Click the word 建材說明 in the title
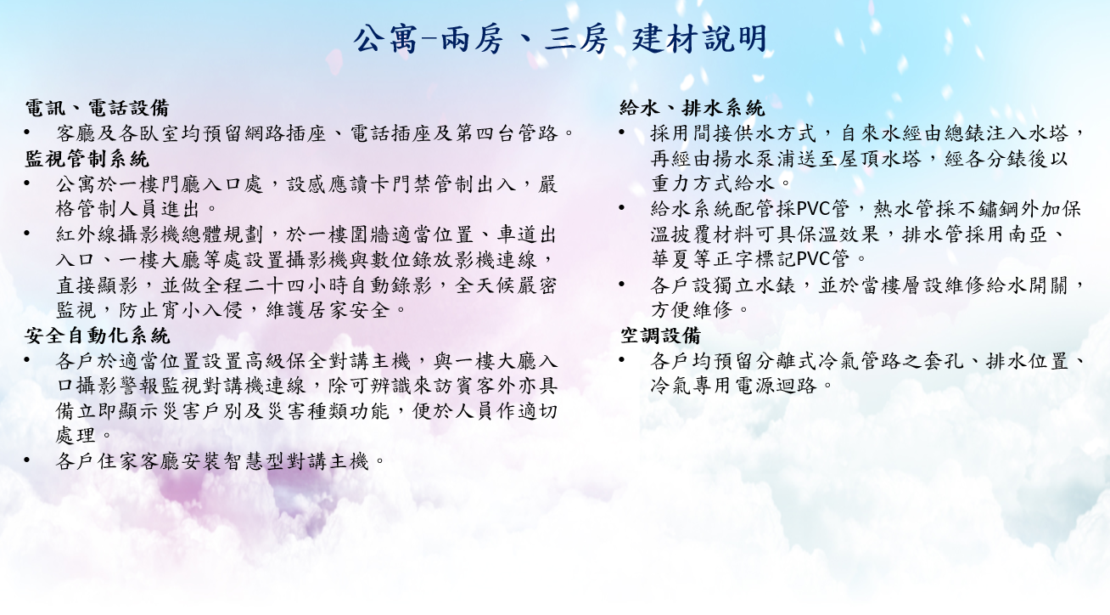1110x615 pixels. tap(699, 39)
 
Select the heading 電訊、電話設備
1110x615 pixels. tap(97, 108)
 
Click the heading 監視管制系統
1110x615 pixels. tap(87, 159)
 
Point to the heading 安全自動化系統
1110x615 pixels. tap(97, 336)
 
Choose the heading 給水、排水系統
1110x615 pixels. tap(692, 108)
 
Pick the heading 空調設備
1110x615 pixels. tap(660, 336)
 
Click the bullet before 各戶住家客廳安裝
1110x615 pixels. tap(27, 461)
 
